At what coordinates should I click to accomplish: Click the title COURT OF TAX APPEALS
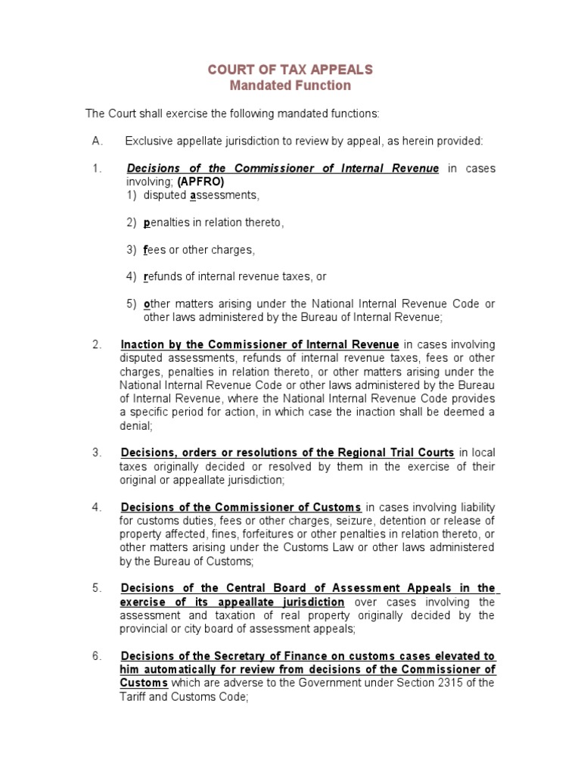[290, 70]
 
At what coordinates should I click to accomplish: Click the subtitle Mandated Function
[290, 86]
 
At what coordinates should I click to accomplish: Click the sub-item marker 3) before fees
[132, 250]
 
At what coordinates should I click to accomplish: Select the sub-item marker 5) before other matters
[132, 304]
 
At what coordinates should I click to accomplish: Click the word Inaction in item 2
[144, 345]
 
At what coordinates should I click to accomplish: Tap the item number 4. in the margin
[97, 507]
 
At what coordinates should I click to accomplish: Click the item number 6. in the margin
[97, 655]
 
